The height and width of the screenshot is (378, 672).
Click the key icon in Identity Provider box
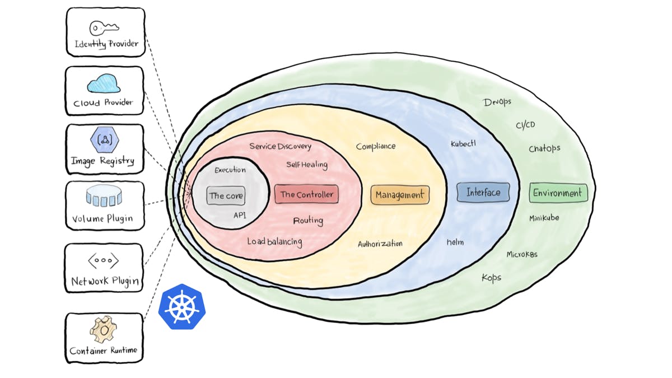click(x=104, y=28)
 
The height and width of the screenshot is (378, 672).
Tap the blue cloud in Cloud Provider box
click(x=104, y=84)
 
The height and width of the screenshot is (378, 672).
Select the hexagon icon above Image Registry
click(x=104, y=141)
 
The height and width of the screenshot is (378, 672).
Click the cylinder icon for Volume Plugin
click(x=104, y=197)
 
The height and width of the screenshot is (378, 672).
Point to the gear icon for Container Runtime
click(x=103, y=330)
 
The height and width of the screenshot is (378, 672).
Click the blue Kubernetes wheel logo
click(x=181, y=307)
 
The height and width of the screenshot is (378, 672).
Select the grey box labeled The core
click(x=226, y=196)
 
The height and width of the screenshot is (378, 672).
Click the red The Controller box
click(x=306, y=194)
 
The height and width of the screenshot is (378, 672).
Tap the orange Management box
click(x=400, y=195)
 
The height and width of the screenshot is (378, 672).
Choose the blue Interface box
click(x=483, y=193)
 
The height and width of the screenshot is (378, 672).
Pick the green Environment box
click(x=558, y=193)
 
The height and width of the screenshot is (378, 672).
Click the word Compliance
click(x=376, y=146)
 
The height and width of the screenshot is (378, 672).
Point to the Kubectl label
click(x=463, y=144)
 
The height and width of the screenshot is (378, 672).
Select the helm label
click(x=455, y=242)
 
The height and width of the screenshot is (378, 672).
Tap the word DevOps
click(x=497, y=102)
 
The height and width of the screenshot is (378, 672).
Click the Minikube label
click(x=544, y=218)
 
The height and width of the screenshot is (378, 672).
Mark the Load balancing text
click(x=274, y=242)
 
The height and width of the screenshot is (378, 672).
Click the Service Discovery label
click(x=280, y=146)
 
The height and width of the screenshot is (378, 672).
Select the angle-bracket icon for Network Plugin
click(x=104, y=260)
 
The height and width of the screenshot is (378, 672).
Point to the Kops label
click(x=491, y=278)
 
